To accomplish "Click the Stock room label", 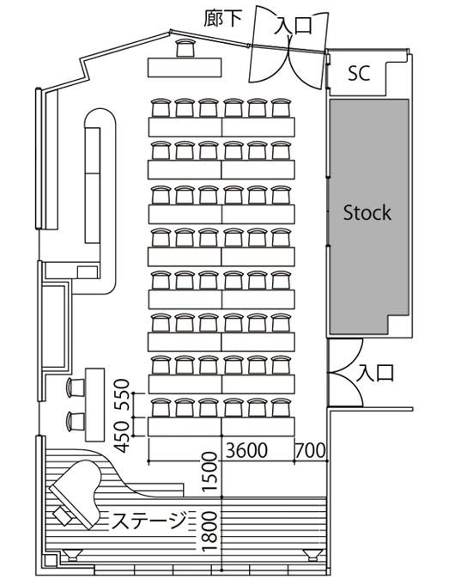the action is click(367, 213).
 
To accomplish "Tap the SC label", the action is click(359, 73).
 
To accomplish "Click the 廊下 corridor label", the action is click(223, 18).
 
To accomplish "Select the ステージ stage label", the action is click(149, 520).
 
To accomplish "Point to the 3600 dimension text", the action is click(246, 450).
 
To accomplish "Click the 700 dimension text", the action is click(311, 450).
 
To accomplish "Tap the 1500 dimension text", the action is click(209, 472).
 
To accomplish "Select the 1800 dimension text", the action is click(209, 532).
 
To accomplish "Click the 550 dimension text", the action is click(122, 394).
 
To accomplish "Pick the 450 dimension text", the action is click(122, 437).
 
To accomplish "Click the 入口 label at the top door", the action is click(294, 26).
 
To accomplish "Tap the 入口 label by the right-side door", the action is click(375, 373).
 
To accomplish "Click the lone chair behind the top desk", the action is click(185, 47).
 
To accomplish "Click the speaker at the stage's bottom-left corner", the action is click(72, 555).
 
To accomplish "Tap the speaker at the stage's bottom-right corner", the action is click(313, 555).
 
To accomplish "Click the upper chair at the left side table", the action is click(76, 387).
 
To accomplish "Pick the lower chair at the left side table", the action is click(76, 422).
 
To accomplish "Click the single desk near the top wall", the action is click(185, 68).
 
